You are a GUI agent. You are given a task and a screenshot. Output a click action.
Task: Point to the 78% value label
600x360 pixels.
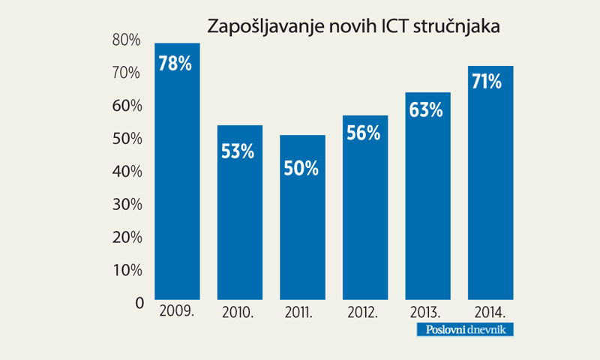[x=177, y=64]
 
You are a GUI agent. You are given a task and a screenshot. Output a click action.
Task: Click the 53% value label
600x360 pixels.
[x=239, y=150]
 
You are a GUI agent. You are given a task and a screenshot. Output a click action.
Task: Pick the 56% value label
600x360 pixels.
[x=364, y=133]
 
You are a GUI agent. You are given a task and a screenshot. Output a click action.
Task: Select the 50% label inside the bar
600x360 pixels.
[x=302, y=169]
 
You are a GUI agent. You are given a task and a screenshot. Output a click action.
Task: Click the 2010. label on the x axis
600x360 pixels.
[x=239, y=312]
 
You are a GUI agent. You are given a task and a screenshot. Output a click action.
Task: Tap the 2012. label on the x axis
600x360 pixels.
[x=364, y=312]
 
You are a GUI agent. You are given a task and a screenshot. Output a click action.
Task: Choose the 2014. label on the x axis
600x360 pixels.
[x=490, y=312]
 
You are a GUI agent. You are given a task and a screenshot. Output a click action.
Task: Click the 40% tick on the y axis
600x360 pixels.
[x=127, y=172]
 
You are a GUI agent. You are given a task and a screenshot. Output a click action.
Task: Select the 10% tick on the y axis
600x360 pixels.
[x=127, y=270]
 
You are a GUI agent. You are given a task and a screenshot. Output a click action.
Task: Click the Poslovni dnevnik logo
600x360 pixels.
[x=475, y=330]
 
